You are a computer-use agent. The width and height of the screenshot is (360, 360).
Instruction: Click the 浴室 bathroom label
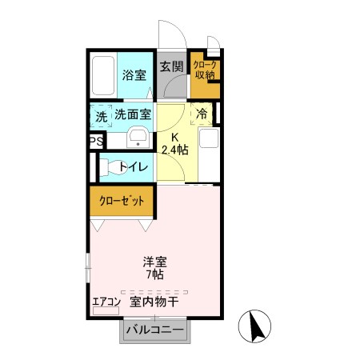(x=134, y=76)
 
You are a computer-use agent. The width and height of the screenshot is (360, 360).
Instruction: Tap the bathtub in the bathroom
(x=102, y=76)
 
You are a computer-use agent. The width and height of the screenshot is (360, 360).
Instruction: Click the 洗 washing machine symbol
(x=101, y=116)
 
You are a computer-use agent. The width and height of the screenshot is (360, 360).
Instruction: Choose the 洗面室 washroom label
(x=132, y=114)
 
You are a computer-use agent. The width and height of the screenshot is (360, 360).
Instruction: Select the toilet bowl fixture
(x=110, y=167)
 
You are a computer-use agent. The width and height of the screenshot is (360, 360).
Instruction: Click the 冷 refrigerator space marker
(x=202, y=114)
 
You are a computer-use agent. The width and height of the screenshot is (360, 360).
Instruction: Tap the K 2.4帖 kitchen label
(x=174, y=143)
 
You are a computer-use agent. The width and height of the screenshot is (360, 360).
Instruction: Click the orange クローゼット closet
(x=122, y=200)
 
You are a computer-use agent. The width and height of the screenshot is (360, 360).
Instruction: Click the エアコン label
(x=106, y=302)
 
